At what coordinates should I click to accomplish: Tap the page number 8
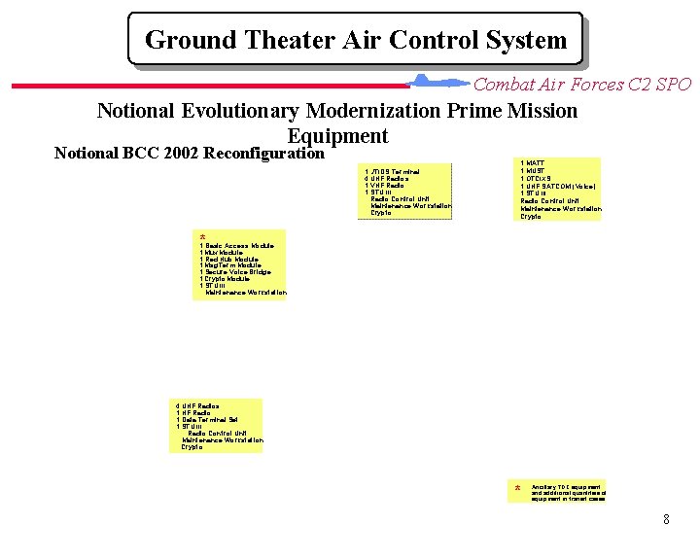666,519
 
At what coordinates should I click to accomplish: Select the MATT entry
533,163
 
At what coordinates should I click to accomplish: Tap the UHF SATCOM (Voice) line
557,186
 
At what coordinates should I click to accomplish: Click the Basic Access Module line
236,247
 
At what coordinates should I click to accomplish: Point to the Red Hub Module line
229,260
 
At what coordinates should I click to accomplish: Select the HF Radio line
192,413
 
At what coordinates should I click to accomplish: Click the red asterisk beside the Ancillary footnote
517,488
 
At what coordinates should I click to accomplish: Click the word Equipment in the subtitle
337,136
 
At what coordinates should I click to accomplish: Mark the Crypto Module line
226,279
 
